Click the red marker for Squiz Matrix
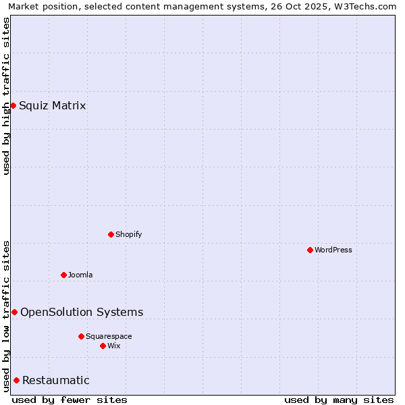tap(13, 105)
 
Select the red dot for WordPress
tap(310, 250)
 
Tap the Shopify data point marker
tap(111, 234)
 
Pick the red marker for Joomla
tap(63, 275)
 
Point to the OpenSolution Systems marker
tap(14, 312)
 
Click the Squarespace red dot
tap(81, 336)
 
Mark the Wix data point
tap(103, 346)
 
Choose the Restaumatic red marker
tap(16, 380)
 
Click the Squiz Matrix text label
tap(53, 105)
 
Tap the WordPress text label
tap(333, 250)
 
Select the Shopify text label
tap(129, 234)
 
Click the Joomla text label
tap(80, 275)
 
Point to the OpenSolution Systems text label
tap(82, 312)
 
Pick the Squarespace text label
tap(109, 336)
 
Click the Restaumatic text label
tap(56, 380)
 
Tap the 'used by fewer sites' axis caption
tap(70, 400)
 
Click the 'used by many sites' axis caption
tap(339, 400)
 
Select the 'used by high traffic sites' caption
tap(6, 95)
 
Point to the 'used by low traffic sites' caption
tap(6, 316)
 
